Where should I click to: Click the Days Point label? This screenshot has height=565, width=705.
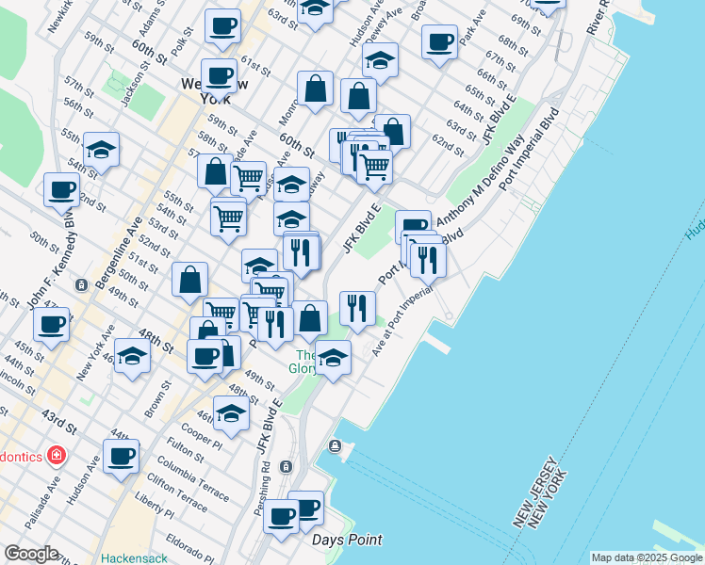click(348, 540)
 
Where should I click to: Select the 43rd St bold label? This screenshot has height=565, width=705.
click(59, 414)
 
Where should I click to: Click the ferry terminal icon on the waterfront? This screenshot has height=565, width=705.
click(334, 445)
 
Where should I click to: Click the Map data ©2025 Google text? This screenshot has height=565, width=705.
click(648, 557)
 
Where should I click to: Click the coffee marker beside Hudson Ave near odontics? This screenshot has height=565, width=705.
click(121, 457)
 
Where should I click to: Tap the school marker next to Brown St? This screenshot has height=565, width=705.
click(132, 357)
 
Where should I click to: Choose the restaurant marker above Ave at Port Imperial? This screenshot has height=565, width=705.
click(357, 306)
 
